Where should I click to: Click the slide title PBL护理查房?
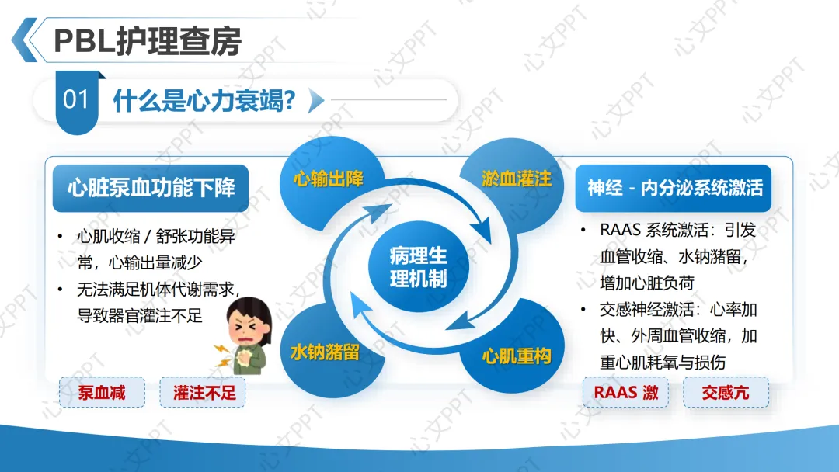[x=148, y=40]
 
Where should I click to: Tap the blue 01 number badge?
[x=76, y=100]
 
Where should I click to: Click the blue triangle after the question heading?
[x=315, y=100]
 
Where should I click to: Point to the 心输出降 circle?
[x=329, y=180]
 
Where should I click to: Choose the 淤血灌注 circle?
[x=516, y=180]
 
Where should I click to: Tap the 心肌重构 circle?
[x=516, y=356]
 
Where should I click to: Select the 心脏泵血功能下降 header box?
[x=151, y=188]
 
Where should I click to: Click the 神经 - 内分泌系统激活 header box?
[x=674, y=188]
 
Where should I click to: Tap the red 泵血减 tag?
[x=102, y=392]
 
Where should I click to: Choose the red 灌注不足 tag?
[x=204, y=392]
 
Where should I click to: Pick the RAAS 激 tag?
[x=626, y=392]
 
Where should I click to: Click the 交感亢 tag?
[x=726, y=392]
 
